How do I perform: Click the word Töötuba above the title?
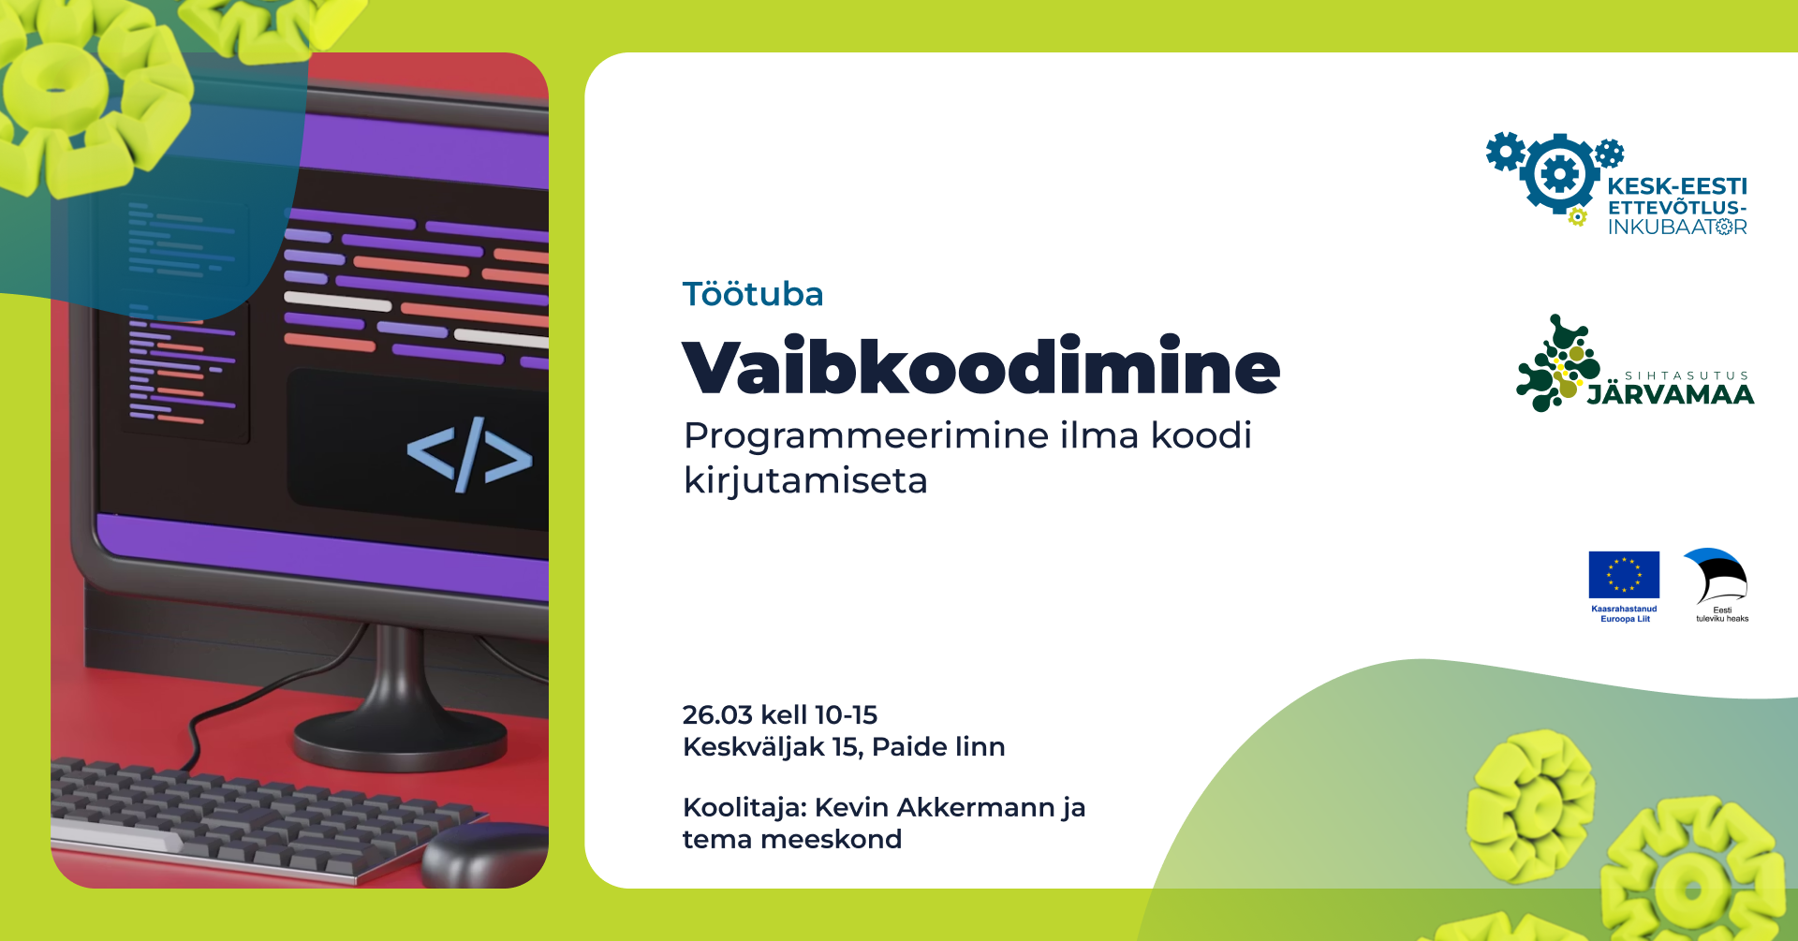tap(753, 294)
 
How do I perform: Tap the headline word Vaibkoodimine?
tap(981, 366)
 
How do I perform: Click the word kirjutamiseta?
tap(805, 481)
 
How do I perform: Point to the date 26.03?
tap(717, 715)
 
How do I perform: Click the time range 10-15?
tap(846, 715)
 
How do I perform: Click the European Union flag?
tap(1624, 575)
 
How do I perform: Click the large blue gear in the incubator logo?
tap(1559, 174)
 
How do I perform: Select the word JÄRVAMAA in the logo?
tap(1671, 395)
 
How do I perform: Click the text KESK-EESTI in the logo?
tap(1677, 186)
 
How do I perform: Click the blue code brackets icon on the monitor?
tap(469, 454)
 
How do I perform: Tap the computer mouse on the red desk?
tap(485, 854)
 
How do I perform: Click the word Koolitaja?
tap(744, 807)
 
